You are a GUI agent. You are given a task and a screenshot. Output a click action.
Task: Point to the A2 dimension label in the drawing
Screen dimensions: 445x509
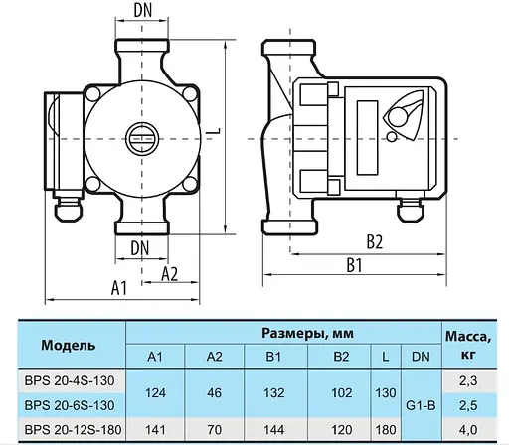point(169,274)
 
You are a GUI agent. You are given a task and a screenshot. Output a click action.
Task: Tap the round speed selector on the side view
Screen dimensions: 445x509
point(404,116)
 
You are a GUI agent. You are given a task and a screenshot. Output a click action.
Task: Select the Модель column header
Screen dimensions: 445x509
point(69,345)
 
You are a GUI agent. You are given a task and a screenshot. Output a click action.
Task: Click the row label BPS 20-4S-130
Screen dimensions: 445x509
point(68,379)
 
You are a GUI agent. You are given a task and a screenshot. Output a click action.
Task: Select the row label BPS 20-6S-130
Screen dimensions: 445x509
point(68,405)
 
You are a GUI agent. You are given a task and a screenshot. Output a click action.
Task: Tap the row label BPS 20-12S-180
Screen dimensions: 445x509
point(68,429)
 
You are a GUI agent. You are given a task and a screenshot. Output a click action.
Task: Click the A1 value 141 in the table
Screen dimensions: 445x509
point(156,429)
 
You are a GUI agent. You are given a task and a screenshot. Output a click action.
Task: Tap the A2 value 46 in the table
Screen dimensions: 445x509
point(214,392)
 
